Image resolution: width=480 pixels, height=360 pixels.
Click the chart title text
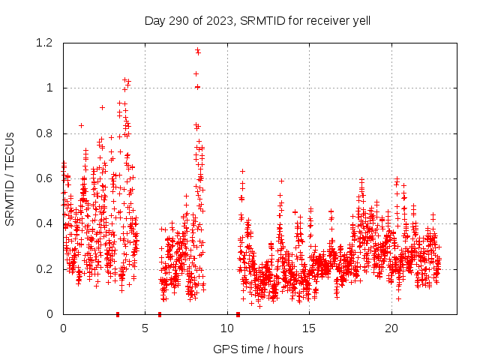point(257,20)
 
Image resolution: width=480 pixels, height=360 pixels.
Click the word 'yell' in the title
point(359,20)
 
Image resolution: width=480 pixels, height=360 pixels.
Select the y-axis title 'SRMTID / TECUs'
point(10,178)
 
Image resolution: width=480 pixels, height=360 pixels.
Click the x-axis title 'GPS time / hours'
point(258,349)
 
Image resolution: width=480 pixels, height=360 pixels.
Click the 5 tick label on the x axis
point(145,328)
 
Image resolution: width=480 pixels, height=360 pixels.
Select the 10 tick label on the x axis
point(227,328)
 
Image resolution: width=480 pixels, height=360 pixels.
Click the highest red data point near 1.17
point(197,50)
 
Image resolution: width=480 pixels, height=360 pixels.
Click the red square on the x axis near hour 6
point(160,314)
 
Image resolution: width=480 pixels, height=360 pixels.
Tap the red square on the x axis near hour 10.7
point(238,314)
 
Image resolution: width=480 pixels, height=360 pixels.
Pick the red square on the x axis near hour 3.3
point(118,314)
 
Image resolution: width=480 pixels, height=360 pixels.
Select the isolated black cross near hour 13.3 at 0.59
point(281,181)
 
